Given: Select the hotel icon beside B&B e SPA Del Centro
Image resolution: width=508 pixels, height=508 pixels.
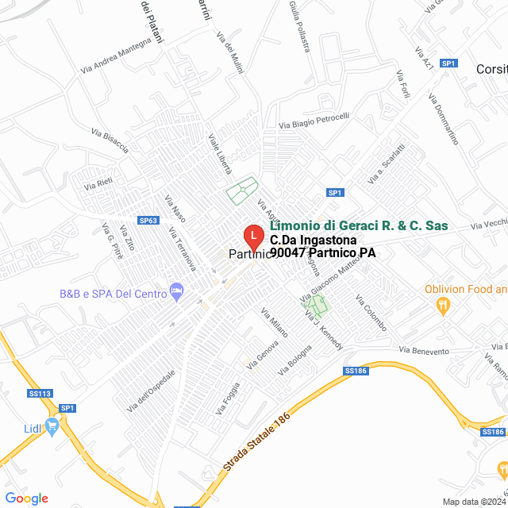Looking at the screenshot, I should [x=176, y=293].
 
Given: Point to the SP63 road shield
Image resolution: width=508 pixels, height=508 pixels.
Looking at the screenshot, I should [x=148, y=221].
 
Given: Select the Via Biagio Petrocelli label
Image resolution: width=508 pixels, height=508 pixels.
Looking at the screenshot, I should [x=314, y=121].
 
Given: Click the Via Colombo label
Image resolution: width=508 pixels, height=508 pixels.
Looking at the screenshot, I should [x=371, y=314].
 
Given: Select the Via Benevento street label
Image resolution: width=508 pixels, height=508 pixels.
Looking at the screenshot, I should [x=424, y=349].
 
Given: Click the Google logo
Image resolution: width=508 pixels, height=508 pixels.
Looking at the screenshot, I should [x=26, y=498].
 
